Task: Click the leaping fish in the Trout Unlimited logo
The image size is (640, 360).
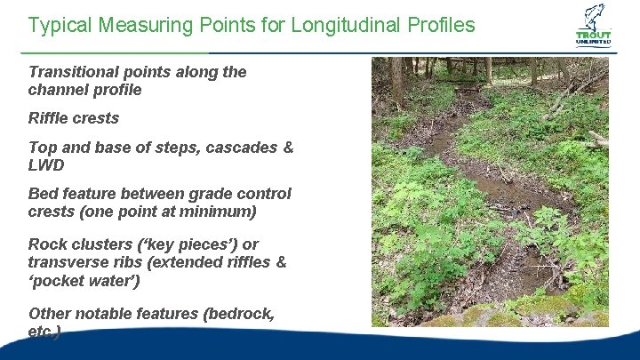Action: pos(594,17)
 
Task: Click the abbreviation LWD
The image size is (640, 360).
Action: pos(46,165)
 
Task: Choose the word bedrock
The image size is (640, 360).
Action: pos(243,313)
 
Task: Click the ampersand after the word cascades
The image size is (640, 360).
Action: pos(287,148)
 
